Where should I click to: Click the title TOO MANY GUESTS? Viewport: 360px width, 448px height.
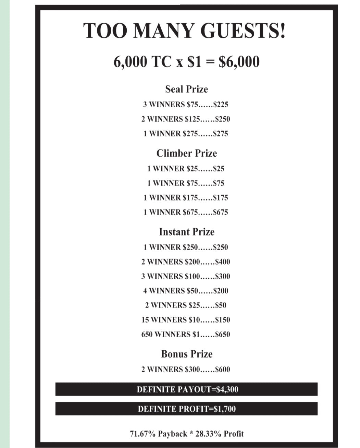pos(185,31)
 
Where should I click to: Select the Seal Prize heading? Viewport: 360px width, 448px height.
pos(186,89)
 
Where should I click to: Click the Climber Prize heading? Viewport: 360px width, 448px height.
pos(186,153)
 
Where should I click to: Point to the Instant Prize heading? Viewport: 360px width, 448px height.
pos(186,232)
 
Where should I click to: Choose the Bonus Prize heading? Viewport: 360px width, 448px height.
pos(186,354)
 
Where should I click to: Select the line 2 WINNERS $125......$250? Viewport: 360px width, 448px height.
pos(186,119)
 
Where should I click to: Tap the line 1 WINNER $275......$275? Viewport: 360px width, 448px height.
pos(186,134)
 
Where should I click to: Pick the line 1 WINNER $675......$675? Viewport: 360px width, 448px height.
pos(186,212)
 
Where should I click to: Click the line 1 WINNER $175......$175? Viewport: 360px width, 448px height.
pos(186,198)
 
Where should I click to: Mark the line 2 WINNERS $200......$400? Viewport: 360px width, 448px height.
pos(186,262)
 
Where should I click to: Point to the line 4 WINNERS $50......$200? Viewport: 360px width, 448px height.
pos(186,291)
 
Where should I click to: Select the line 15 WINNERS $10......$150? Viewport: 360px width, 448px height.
pos(186,320)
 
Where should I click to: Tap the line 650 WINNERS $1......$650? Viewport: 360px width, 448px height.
pos(186,334)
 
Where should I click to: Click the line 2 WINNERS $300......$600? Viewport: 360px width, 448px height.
pos(186,370)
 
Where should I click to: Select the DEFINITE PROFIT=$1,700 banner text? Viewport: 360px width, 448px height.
pos(187,409)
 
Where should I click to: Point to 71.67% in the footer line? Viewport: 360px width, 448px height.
pos(143,434)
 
